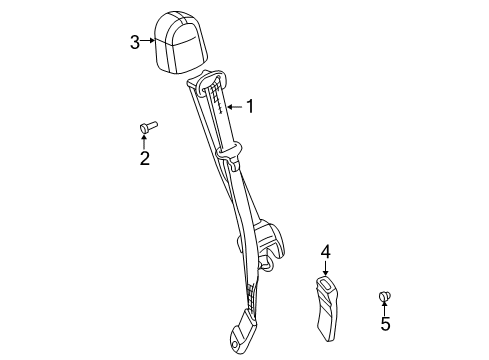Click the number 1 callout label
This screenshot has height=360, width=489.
(x=251, y=105)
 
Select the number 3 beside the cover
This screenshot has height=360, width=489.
(x=135, y=42)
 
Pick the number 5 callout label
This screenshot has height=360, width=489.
(x=385, y=323)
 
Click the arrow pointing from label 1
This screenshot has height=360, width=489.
(x=236, y=105)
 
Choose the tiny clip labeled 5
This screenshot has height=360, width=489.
(x=385, y=295)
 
